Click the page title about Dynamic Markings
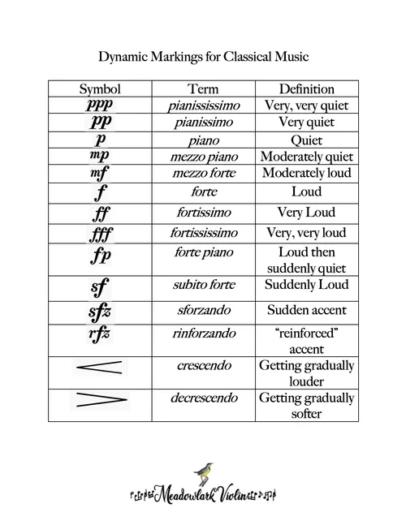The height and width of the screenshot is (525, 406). [x=203, y=58]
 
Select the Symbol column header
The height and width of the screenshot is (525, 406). [x=100, y=88]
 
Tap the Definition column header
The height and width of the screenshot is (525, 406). [x=306, y=88]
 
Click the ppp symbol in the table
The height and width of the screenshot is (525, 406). [x=100, y=105]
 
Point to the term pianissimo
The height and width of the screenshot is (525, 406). [x=203, y=122]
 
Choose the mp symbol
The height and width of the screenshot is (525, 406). [x=99, y=156]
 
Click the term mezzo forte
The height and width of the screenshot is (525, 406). [x=203, y=173]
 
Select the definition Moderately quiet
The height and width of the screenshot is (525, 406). [x=306, y=156]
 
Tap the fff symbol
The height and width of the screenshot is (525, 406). [x=100, y=234]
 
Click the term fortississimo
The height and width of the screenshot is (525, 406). [x=203, y=233]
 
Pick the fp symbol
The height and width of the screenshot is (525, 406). [x=100, y=256]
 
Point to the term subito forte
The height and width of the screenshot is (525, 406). [x=203, y=285]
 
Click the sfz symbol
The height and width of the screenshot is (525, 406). [x=99, y=312]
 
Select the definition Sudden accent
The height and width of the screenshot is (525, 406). [x=306, y=309]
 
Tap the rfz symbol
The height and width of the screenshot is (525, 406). [x=99, y=334]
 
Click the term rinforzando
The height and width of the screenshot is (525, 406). [x=203, y=334]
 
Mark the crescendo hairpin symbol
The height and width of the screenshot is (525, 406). [x=99, y=368]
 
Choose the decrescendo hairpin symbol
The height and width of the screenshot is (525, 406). [x=99, y=399]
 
